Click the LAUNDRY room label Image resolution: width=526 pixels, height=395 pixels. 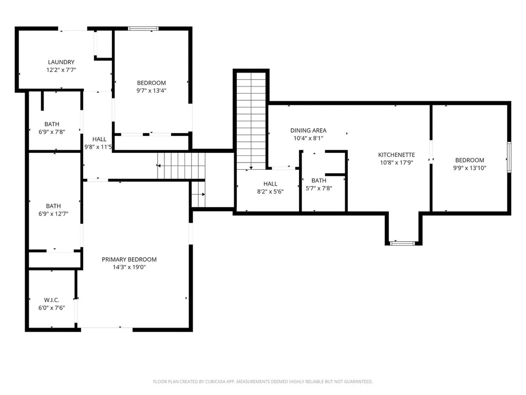[x=61, y=62]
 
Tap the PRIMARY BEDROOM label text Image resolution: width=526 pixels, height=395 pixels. [x=129, y=260]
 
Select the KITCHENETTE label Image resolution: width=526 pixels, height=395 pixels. [x=397, y=155]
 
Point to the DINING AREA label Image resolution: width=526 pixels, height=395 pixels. [x=308, y=130]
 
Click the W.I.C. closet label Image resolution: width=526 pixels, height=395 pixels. [x=52, y=300]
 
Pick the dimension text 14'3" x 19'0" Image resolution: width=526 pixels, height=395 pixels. [x=129, y=267]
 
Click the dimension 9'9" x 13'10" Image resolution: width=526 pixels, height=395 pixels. [x=469, y=168]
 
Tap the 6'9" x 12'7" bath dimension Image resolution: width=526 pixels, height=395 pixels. [x=53, y=213]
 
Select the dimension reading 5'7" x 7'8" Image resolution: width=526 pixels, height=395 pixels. [x=318, y=188]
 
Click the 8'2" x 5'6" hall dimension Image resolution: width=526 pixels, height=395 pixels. [x=270, y=191]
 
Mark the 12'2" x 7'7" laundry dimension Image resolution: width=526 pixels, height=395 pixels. [x=61, y=70]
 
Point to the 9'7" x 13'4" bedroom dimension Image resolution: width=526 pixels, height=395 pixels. [x=152, y=91]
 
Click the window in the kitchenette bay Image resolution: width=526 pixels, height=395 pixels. [x=403, y=243]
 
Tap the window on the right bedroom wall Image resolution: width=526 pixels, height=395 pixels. [x=509, y=157]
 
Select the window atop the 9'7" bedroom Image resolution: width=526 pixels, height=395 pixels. [x=143, y=29]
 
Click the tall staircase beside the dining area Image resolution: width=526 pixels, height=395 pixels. [x=251, y=121]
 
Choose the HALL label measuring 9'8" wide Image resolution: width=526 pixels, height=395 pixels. [x=99, y=139]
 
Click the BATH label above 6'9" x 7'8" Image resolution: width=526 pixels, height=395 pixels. [x=52, y=124]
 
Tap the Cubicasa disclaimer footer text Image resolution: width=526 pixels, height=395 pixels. [x=262, y=382]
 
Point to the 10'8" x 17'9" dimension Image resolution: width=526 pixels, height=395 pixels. [x=397, y=163]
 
